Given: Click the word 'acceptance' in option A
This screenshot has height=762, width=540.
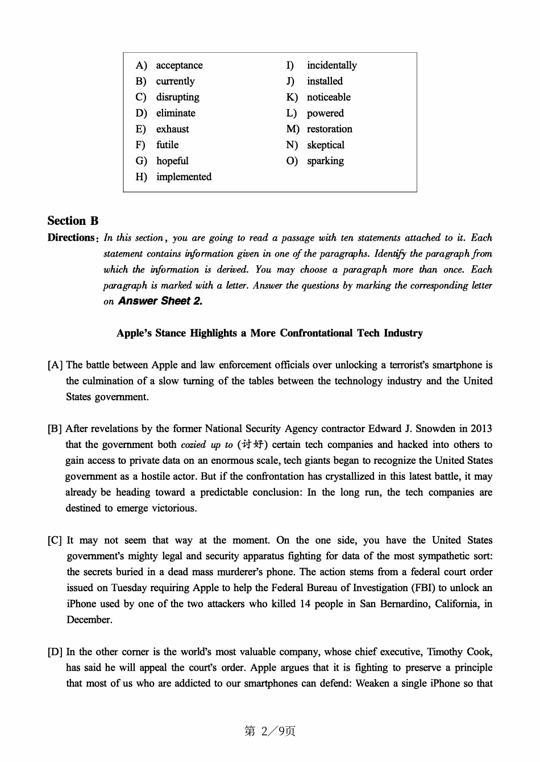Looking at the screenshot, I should pos(179,65).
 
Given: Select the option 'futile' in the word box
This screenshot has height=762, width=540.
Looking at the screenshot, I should pos(167,145).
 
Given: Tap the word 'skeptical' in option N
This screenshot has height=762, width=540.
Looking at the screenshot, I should pos(325,145).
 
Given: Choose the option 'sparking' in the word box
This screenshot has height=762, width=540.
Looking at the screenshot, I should pos(325,161).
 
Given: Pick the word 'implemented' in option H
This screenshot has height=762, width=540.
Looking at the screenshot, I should pos(184,177).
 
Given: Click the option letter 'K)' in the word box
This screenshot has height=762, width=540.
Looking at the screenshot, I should pos(292,97).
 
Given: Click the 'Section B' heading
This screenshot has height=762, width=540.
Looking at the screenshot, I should pos(73,221).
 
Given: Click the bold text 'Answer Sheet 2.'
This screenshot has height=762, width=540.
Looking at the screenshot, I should pos(160,301).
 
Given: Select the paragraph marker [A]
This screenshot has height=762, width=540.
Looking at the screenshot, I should pos(55,365).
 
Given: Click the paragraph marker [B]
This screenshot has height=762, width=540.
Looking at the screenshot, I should pos(55,429).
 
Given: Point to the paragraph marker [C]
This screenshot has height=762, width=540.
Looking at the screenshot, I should pos(55,540).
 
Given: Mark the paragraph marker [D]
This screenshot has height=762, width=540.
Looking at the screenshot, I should pos(55,652).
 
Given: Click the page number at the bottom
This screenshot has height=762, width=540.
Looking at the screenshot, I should pos(270,731).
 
